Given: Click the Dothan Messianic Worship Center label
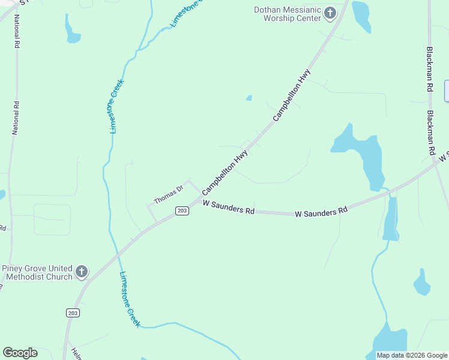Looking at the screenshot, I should click(x=288, y=13).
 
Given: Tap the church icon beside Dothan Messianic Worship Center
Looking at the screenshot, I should click(x=330, y=13).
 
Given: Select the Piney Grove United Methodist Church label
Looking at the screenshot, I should click(x=37, y=272).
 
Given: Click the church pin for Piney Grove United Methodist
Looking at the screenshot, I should click(x=81, y=272).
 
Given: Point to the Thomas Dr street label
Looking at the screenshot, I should click(x=168, y=194).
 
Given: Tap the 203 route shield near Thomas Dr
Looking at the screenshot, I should click(x=182, y=211).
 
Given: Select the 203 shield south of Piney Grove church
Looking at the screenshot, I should click(x=72, y=313).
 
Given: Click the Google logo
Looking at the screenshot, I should click(x=20, y=353).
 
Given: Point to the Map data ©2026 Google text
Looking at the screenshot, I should click(x=412, y=355).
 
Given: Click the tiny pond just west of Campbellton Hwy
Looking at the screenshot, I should click(x=249, y=98).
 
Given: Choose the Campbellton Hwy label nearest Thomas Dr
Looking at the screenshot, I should click(x=225, y=172).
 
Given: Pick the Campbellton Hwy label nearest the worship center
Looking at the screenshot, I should click(x=292, y=96).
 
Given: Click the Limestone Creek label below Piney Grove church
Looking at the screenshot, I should click(x=130, y=299).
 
